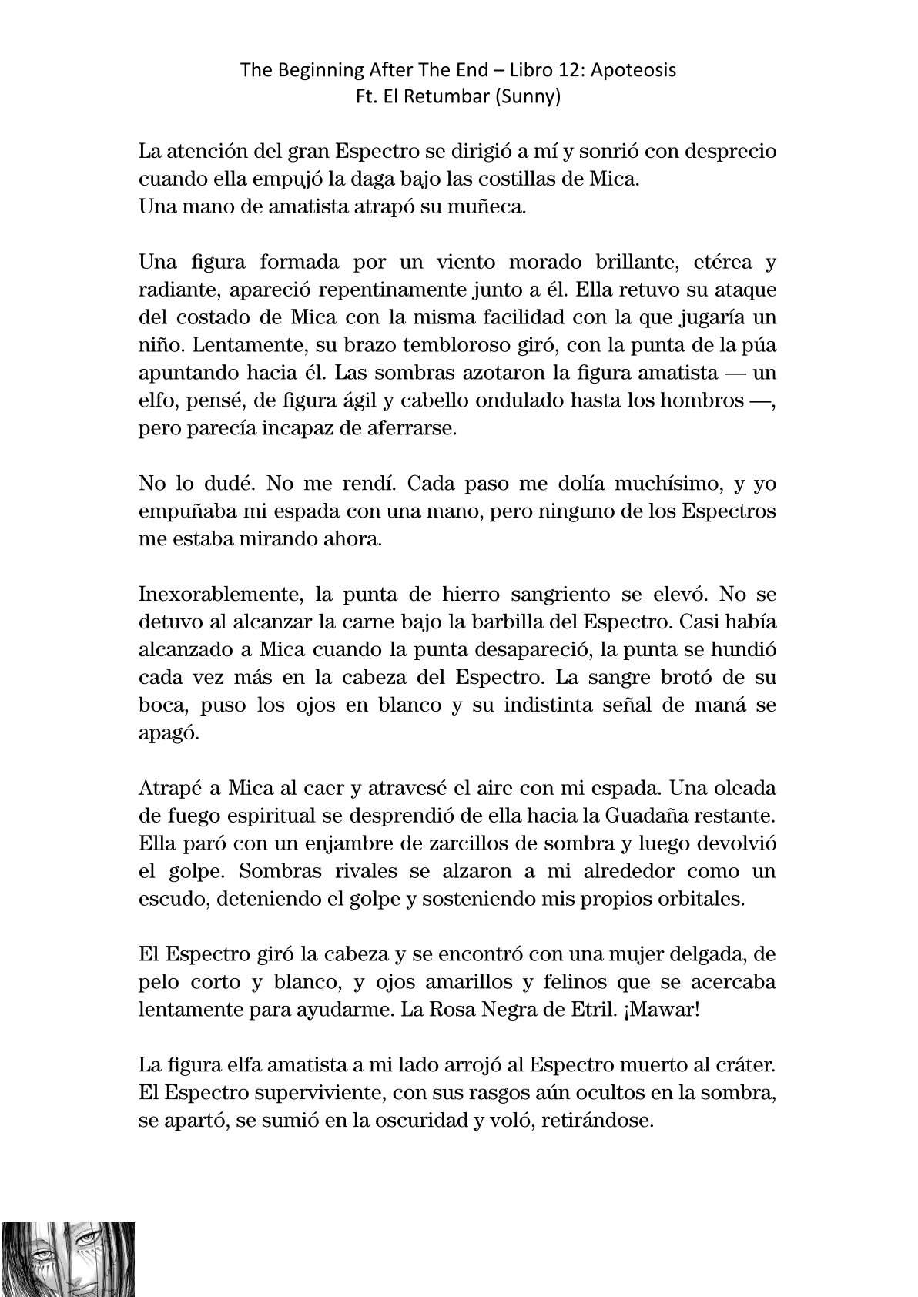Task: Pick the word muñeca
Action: [x=493, y=208]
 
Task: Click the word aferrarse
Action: [x=410, y=428]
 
